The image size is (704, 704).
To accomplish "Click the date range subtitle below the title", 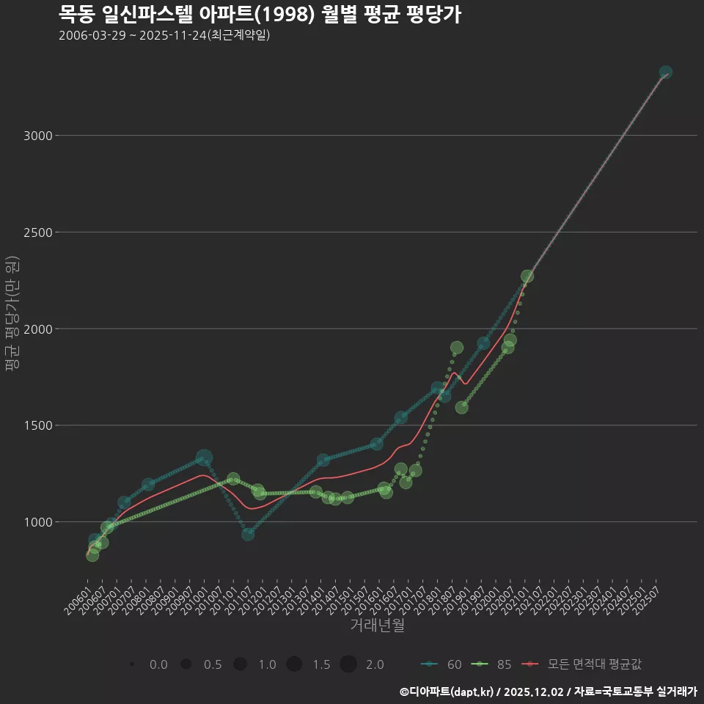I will [164, 35].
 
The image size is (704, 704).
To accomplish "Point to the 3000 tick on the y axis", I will [37, 136].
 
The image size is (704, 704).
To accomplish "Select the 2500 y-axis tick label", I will [37, 232].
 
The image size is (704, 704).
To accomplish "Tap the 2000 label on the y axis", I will [37, 329].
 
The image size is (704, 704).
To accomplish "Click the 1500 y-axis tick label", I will [37, 425].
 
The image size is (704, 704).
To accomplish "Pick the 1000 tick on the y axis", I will [37, 522].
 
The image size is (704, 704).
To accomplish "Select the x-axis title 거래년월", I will [377, 626].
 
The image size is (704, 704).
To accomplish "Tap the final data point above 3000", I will [666, 73].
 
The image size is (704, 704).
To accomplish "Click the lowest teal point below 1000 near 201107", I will [248, 534].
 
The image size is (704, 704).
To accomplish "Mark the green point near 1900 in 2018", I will [457, 348].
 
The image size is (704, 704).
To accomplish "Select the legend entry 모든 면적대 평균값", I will [582, 664].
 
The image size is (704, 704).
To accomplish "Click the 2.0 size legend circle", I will [348, 664].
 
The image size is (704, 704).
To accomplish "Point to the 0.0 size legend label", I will [158, 664].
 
